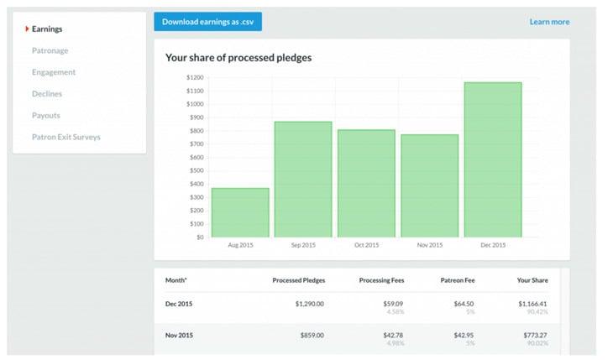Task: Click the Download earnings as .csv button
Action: click(207, 22)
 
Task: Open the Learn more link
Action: click(549, 22)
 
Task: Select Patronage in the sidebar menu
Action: click(50, 50)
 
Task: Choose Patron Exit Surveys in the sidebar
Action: click(65, 137)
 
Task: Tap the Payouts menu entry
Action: click(45, 115)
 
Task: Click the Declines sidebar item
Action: click(46, 94)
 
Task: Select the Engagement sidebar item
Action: click(54, 72)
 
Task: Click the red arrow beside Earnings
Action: click(27, 29)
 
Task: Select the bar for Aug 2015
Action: click(240, 212)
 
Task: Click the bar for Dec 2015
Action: click(493, 159)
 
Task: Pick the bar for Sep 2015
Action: click(303, 180)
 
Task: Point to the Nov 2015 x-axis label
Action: click(429, 245)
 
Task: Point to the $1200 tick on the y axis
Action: click(195, 77)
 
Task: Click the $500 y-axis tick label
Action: click(196, 170)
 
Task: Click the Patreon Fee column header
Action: click(458, 279)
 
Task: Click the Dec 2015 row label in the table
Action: click(181, 303)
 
